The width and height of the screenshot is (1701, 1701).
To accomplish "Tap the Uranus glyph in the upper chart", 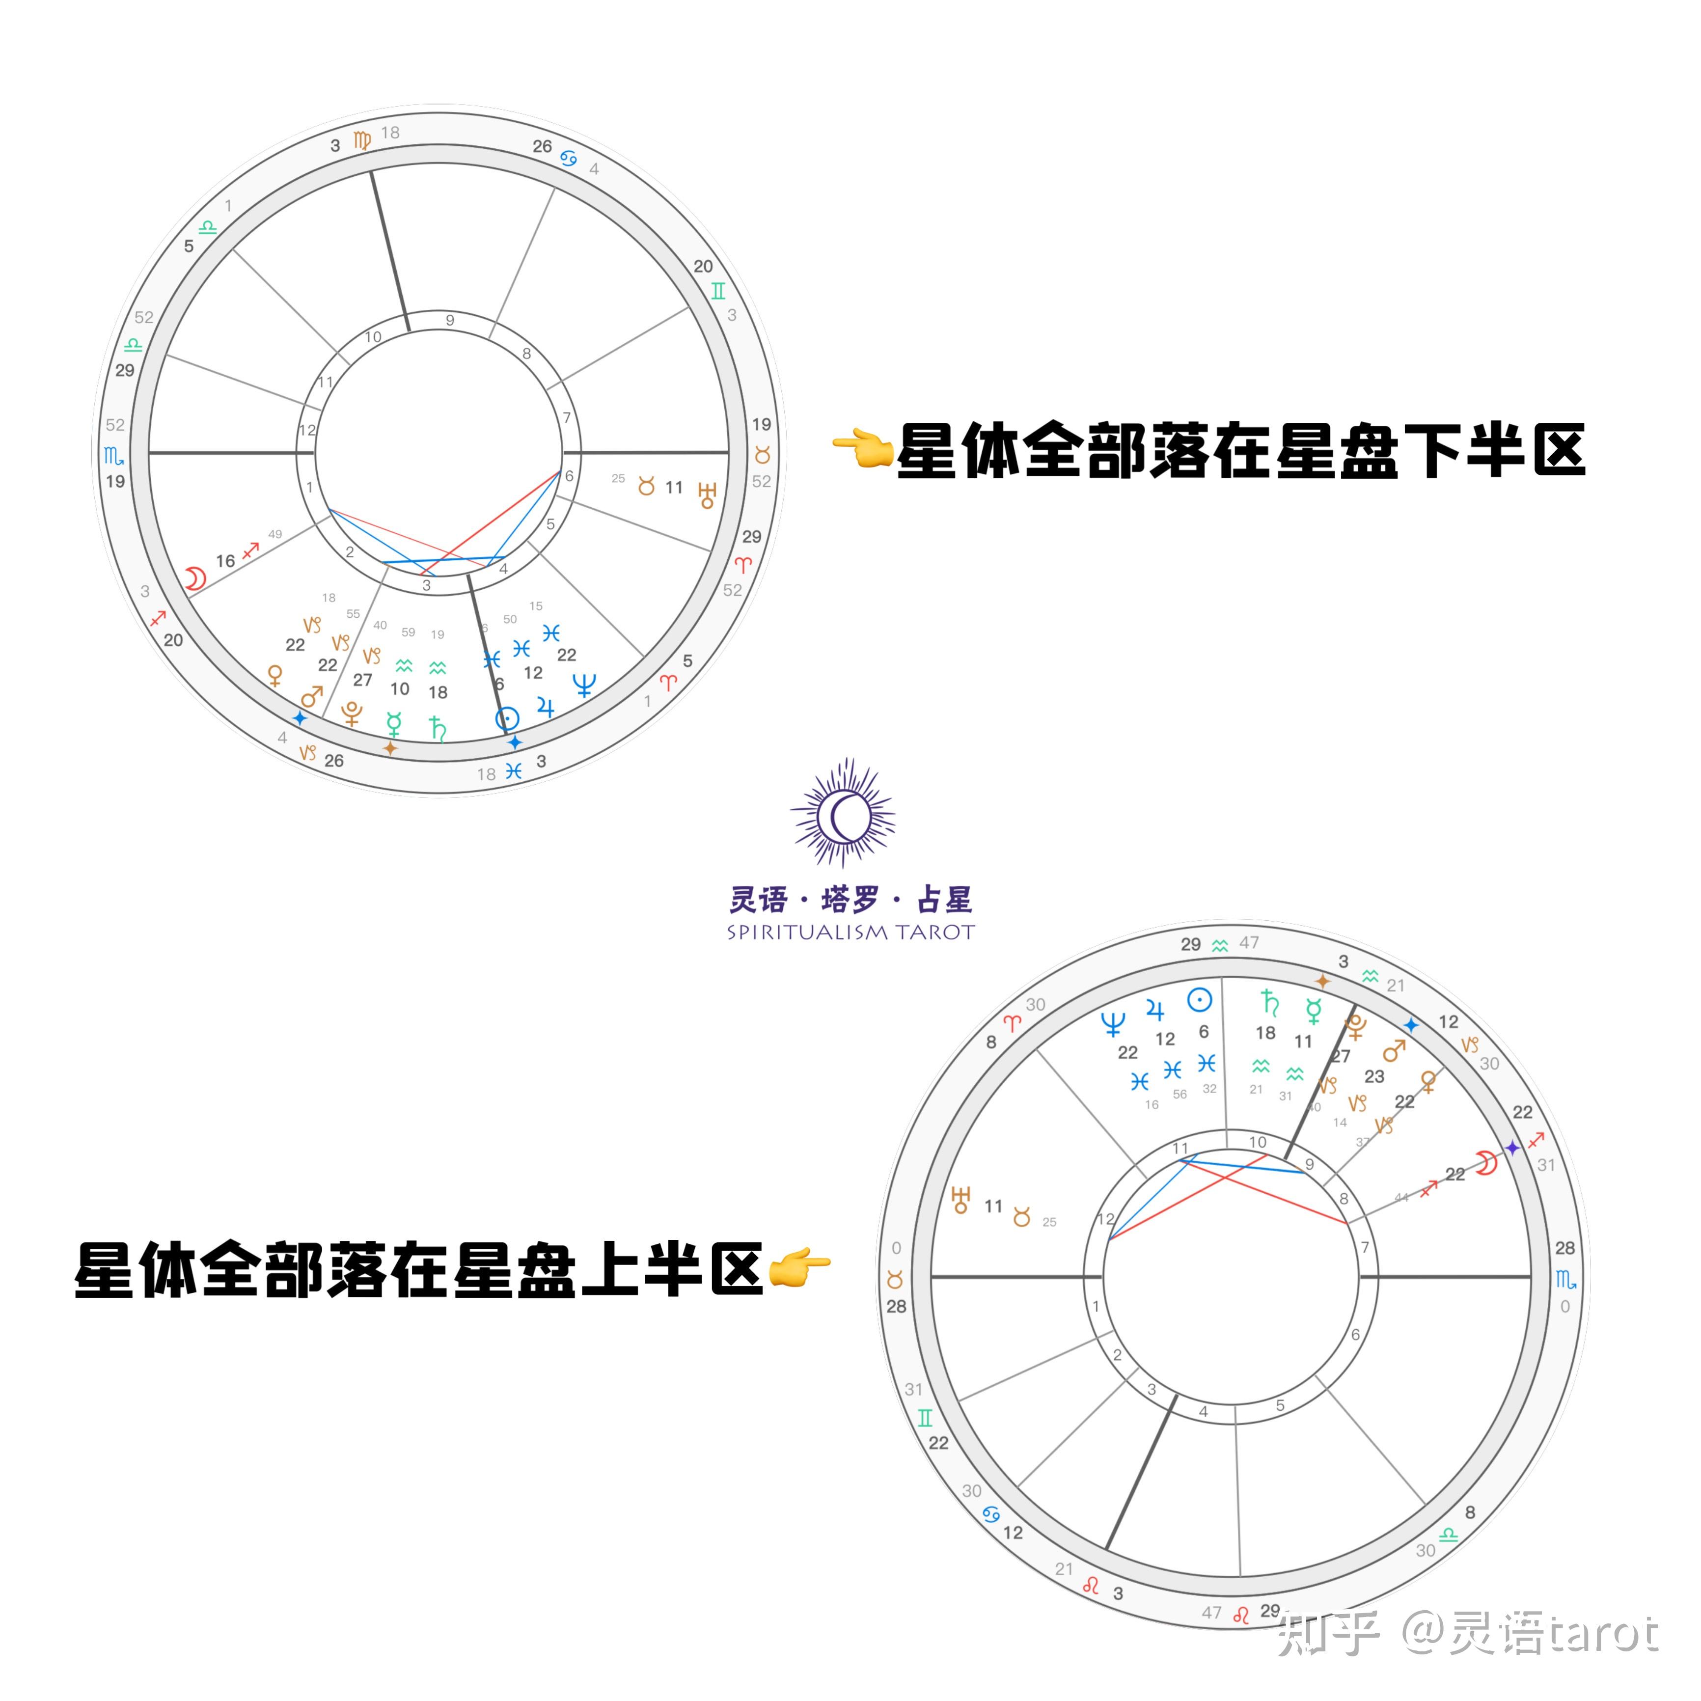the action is point(707,495).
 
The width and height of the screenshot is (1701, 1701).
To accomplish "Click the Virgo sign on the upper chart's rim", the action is point(362,141).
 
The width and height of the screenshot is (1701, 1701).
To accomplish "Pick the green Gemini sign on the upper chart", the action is point(718,291).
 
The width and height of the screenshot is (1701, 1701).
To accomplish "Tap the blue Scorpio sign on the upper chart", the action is point(113,455).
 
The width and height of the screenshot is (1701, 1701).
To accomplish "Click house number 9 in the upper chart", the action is point(450,321).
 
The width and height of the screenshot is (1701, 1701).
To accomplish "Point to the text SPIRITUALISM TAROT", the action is point(850,933).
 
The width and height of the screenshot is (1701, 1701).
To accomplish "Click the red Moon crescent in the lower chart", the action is point(1486,1163).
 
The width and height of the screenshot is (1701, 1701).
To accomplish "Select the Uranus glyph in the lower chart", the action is point(961,1201).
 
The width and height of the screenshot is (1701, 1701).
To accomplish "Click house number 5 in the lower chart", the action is point(1280,1406).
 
